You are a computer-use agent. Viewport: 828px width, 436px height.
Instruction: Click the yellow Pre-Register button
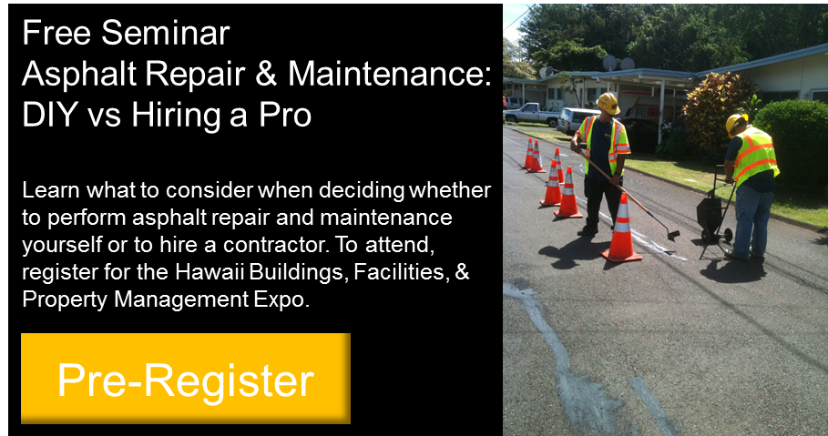(x=185, y=378)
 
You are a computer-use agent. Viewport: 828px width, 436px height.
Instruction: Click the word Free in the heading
(x=56, y=33)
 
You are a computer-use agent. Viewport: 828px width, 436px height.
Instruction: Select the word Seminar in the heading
(x=165, y=33)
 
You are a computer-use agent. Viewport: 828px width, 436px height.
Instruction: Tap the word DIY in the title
(x=50, y=114)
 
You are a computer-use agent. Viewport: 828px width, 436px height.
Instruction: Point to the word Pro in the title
(x=285, y=114)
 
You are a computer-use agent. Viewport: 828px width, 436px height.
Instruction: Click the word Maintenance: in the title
(x=390, y=74)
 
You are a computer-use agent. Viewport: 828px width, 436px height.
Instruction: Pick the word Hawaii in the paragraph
(x=210, y=272)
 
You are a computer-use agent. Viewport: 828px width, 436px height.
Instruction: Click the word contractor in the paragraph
(x=275, y=245)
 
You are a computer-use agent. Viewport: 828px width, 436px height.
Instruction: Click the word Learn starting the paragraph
(x=50, y=190)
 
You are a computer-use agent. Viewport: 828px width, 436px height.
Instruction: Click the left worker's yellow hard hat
(x=608, y=103)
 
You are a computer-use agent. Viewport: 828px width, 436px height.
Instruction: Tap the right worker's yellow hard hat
(x=736, y=124)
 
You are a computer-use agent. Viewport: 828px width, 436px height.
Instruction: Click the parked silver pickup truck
(x=531, y=114)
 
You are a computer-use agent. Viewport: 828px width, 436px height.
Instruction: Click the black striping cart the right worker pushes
(x=713, y=211)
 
